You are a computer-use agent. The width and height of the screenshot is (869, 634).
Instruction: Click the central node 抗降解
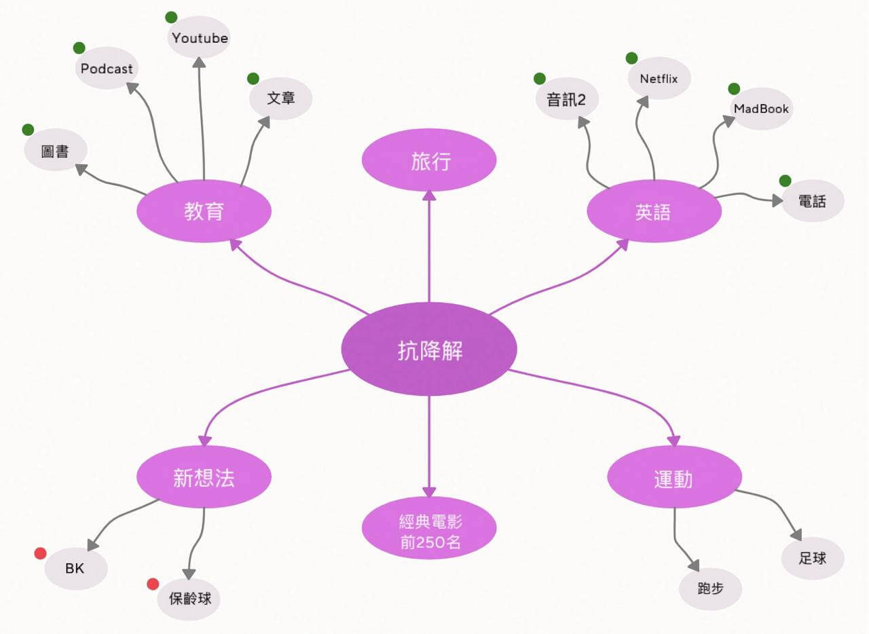(429, 349)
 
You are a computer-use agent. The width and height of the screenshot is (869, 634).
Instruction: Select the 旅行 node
(429, 160)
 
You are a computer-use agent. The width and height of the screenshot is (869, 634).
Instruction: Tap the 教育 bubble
(204, 211)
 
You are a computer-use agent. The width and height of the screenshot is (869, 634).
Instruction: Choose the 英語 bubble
(654, 211)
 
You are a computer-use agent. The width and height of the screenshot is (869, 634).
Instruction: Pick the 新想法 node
(204, 477)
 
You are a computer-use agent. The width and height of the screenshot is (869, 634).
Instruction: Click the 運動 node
(674, 477)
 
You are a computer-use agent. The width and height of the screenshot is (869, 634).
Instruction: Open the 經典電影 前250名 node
(429, 528)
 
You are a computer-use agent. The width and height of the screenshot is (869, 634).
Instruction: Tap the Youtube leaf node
(199, 37)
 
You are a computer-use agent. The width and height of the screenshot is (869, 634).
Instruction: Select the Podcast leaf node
(107, 68)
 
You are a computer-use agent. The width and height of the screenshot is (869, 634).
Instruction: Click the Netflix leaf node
(659, 78)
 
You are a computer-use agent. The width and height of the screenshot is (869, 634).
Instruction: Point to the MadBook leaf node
(761, 109)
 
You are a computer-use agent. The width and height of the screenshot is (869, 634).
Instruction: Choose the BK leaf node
(76, 568)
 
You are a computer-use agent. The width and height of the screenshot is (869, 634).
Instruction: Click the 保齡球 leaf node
(189, 599)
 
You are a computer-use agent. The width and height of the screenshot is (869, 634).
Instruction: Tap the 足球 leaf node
(813, 559)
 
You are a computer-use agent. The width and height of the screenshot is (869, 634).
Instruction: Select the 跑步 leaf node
(710, 589)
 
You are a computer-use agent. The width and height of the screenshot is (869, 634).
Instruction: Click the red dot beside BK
(40, 553)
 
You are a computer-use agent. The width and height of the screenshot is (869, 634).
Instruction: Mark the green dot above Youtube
(171, 17)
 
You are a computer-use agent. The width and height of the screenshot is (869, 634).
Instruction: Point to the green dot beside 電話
(785, 181)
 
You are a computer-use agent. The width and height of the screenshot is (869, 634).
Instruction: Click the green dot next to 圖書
(28, 130)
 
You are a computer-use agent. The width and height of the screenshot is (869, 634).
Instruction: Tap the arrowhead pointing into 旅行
(429, 195)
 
